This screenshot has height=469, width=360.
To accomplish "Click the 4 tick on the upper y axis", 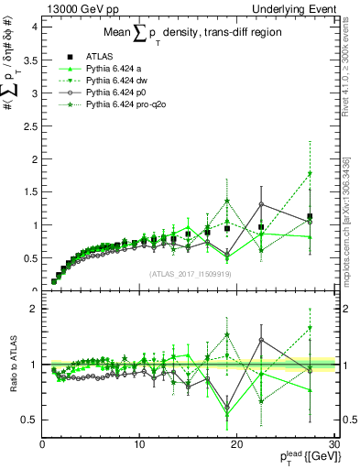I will [33, 27].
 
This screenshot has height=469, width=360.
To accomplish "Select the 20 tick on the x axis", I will [236, 443].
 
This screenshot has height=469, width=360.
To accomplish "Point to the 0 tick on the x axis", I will [42, 443].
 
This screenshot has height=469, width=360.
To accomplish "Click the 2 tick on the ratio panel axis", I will [33, 309].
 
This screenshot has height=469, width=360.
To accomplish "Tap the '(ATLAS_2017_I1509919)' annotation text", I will [188, 273].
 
